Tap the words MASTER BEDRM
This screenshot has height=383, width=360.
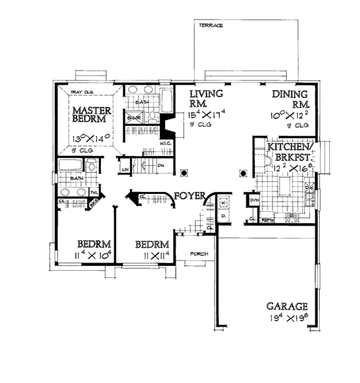point(91,116)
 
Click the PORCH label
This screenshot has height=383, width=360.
point(199,254)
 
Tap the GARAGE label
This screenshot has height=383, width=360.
point(288,306)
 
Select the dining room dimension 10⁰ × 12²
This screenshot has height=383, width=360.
point(291,115)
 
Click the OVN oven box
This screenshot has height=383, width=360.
point(253,201)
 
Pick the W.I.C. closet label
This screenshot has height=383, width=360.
point(166,145)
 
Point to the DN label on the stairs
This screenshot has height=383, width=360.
point(161,164)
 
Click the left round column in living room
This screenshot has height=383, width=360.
point(184,173)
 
